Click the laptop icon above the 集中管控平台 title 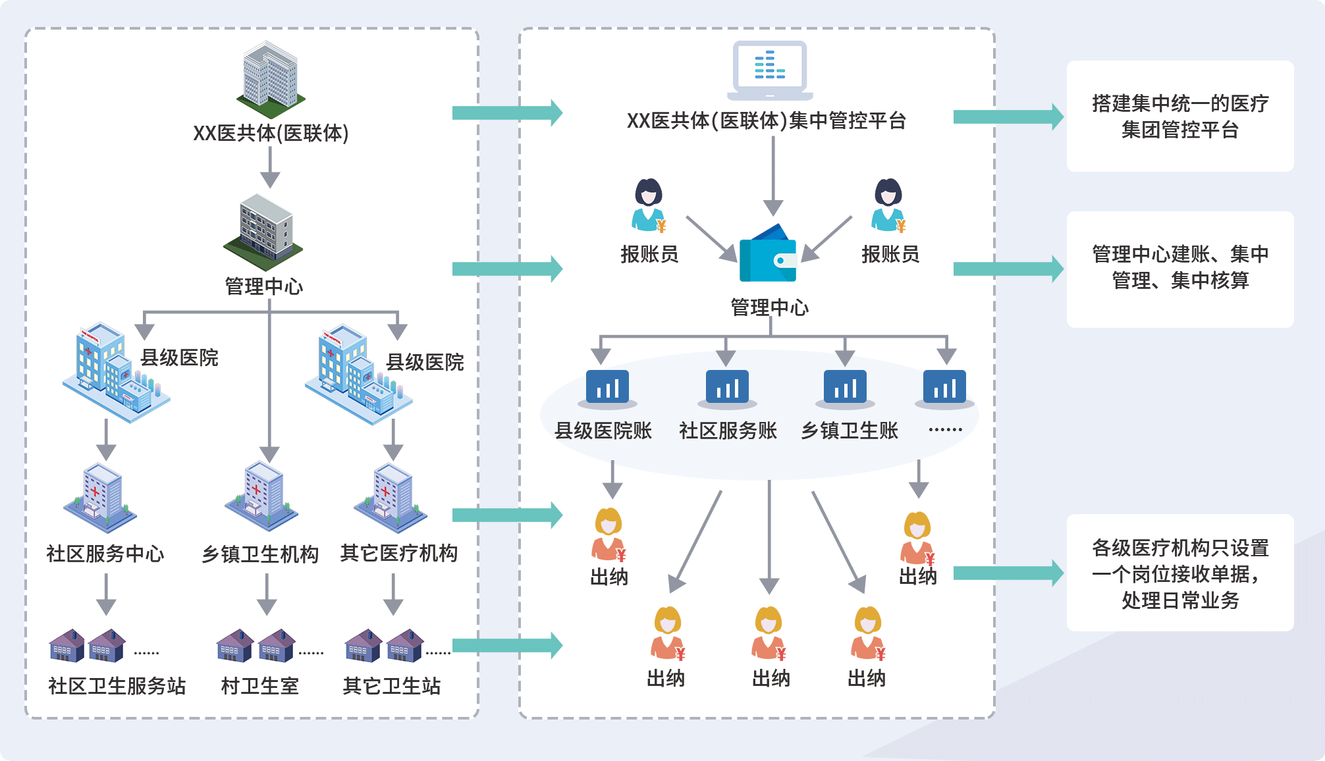tap(769, 70)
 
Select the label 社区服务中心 tap(105, 554)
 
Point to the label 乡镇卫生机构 tap(260, 554)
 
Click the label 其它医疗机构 tap(399, 553)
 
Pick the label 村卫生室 tap(260, 686)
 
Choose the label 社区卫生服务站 tap(117, 686)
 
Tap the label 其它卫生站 tap(392, 686)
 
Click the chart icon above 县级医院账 tap(607, 388)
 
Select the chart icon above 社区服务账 tap(727, 388)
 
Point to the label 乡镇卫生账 tap(850, 431)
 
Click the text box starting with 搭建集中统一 tap(1180, 117)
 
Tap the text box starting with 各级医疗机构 tap(1180, 573)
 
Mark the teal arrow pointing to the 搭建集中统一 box tap(1008, 117)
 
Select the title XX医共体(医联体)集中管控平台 tap(767, 121)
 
